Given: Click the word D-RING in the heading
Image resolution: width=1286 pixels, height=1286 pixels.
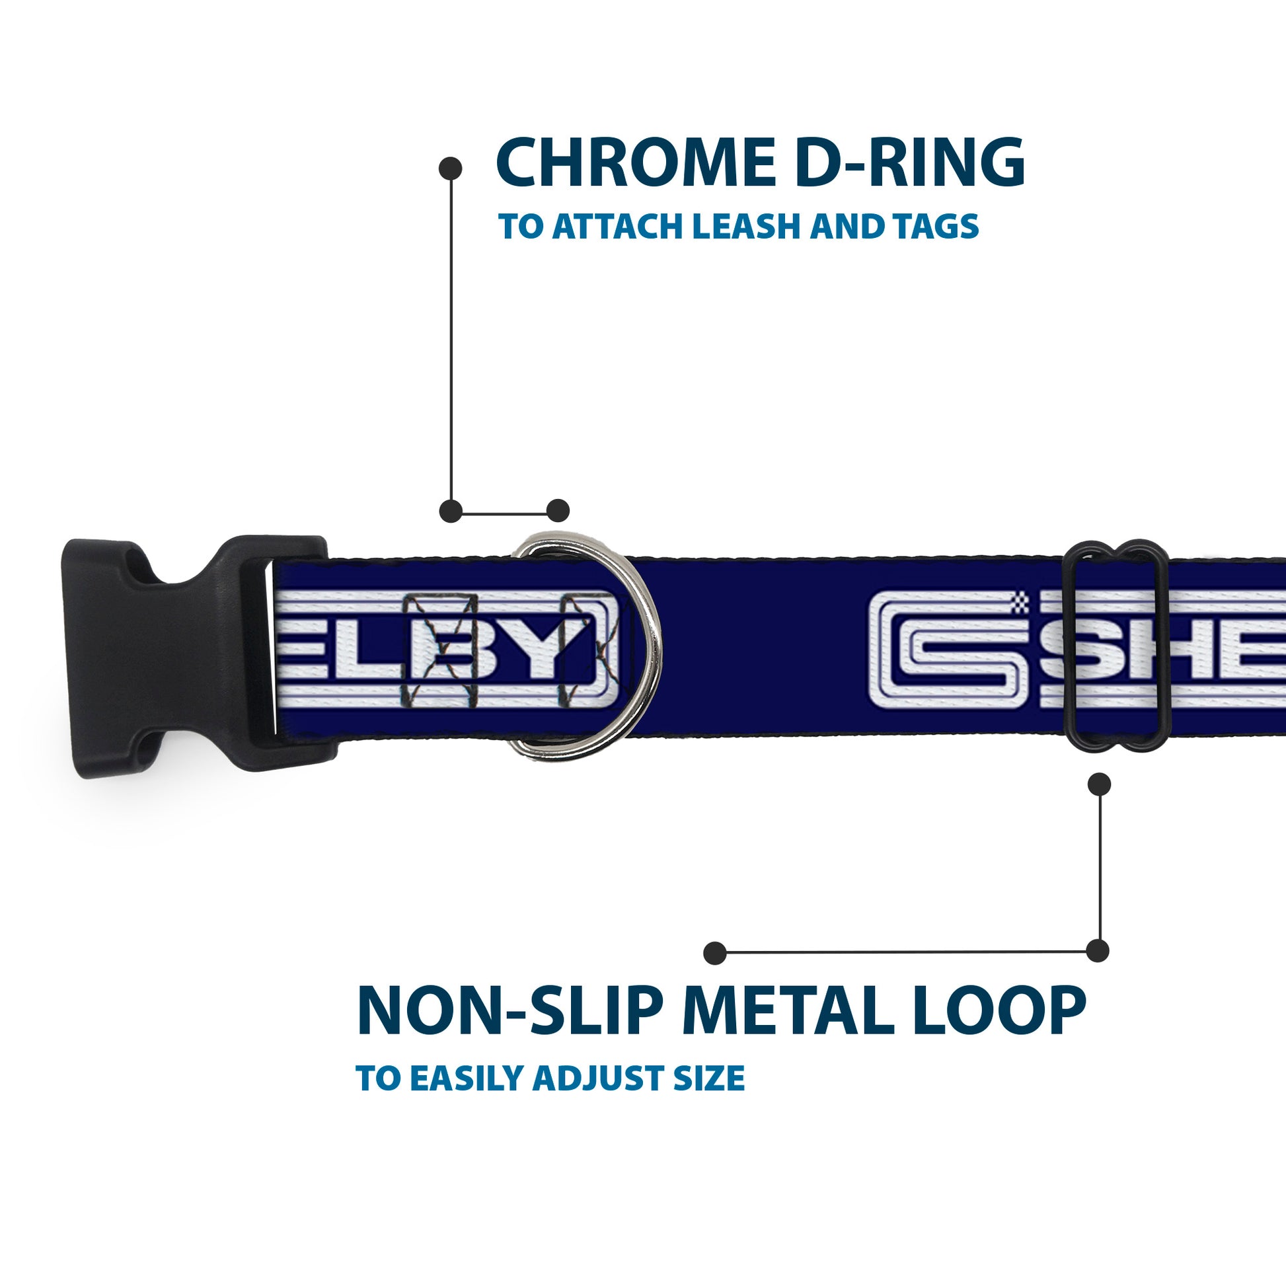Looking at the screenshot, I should [x=909, y=163].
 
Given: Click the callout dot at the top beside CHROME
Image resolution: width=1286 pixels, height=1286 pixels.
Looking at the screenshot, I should [x=451, y=169].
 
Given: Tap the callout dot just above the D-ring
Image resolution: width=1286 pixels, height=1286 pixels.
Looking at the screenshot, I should [x=558, y=511].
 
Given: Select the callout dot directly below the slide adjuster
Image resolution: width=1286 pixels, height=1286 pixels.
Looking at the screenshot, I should [x=1099, y=784].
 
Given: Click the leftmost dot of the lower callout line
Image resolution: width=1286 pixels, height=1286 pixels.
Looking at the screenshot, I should [x=715, y=952].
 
